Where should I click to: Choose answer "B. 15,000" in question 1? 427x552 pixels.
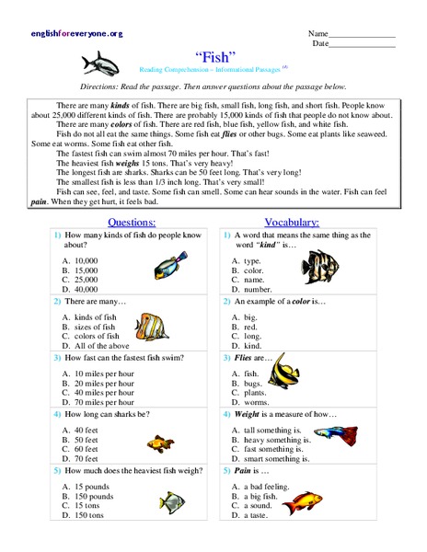click(x=84, y=270)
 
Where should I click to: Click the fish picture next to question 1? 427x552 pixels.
click(x=169, y=266)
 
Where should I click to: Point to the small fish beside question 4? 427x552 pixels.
click(x=163, y=444)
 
